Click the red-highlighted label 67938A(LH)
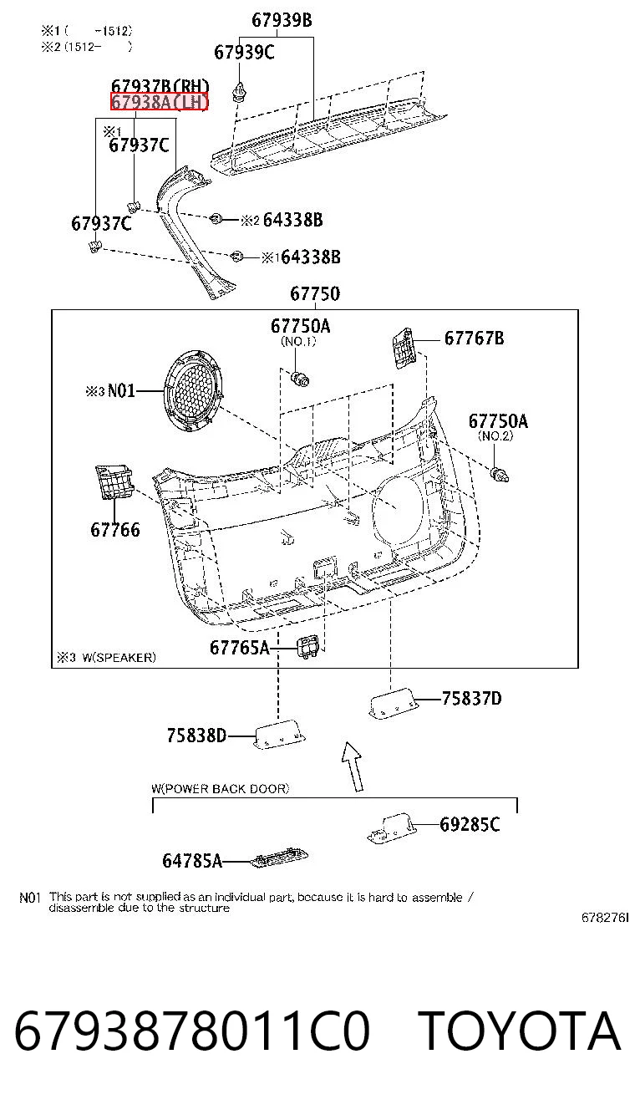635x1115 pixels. tap(159, 102)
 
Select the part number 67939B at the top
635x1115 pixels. tap(282, 20)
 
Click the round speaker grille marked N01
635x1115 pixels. tap(193, 389)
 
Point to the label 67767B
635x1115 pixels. tap(474, 339)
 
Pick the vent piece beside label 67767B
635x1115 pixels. tap(403, 348)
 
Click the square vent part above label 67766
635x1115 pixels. tap(114, 481)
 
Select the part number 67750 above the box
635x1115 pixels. tap(315, 293)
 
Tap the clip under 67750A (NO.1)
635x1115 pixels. tap(300, 379)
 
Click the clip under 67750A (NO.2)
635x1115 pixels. tap(499, 475)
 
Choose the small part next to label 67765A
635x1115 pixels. tap(308, 648)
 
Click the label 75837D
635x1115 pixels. tap(472, 699)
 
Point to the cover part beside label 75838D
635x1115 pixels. tap(280, 734)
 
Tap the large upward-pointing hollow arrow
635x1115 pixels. tap(353, 766)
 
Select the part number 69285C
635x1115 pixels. tap(470, 825)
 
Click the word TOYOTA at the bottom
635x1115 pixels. tap(520, 1031)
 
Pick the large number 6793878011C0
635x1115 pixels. tap(192, 1031)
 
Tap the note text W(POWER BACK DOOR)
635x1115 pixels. tap(220, 788)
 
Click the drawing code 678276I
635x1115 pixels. tap(605, 918)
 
